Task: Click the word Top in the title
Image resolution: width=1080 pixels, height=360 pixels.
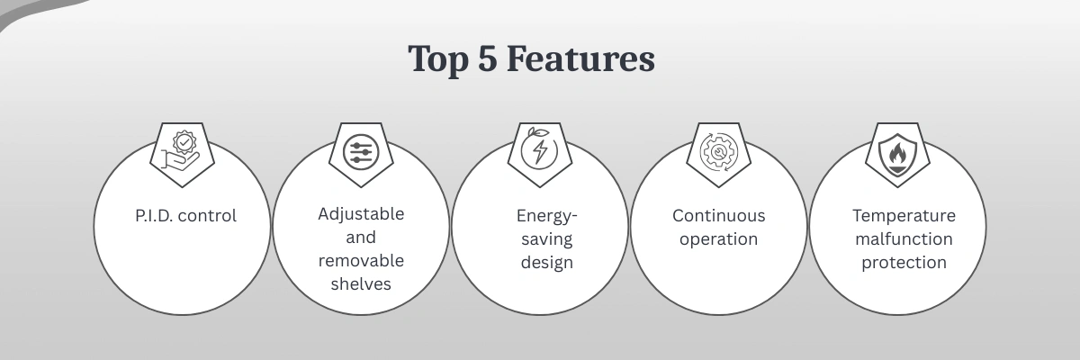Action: [438, 59]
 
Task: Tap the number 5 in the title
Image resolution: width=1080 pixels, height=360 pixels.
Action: [488, 58]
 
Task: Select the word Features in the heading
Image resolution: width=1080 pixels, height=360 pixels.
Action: [580, 58]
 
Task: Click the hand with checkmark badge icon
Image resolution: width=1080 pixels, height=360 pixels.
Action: [181, 150]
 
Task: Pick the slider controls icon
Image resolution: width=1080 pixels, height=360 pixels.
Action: [361, 152]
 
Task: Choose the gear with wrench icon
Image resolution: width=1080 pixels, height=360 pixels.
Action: [718, 152]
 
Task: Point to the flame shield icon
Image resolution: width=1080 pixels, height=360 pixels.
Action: [897, 154]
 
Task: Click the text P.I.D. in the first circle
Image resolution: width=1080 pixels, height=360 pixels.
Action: [154, 215]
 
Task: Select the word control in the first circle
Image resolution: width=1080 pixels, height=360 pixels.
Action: [207, 215]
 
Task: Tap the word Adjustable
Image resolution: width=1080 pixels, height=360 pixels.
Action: [361, 214]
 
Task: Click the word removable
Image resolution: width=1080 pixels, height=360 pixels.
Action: [361, 261]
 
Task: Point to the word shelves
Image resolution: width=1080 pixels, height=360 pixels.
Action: [361, 283]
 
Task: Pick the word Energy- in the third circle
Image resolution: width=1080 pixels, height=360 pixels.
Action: [547, 216]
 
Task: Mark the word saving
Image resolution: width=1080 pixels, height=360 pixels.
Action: [547, 239]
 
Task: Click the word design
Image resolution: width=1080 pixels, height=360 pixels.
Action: [547, 262]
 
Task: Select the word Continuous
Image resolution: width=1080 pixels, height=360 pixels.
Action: [719, 215]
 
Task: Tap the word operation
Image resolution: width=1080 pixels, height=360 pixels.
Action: [719, 239]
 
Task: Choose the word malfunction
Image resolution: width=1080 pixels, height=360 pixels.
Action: [904, 239]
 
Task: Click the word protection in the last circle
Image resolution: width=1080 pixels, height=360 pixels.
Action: [904, 263]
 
